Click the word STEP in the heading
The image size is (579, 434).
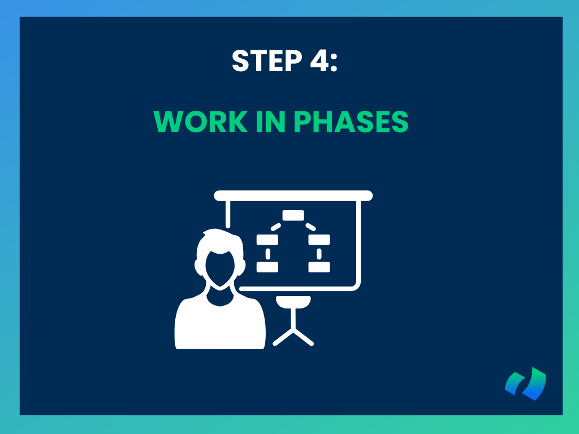point(267,61)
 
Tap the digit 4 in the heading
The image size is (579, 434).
point(319,61)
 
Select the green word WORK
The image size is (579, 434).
point(201,121)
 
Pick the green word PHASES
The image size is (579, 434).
point(351,121)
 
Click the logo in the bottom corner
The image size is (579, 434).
point(525,384)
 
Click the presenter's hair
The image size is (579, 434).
point(220,244)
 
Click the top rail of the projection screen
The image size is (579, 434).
point(293,196)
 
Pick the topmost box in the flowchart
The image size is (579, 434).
point(293,215)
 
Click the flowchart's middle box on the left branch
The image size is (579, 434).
point(267,240)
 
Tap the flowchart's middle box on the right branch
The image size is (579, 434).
point(319,240)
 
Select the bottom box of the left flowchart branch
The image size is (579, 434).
point(267,267)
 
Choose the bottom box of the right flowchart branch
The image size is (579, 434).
point(319,267)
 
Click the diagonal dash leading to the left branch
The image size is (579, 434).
point(276,227)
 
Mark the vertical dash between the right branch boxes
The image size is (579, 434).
point(319,254)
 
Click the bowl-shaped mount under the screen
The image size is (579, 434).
point(293,302)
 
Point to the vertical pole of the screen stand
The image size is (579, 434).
point(293,318)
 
